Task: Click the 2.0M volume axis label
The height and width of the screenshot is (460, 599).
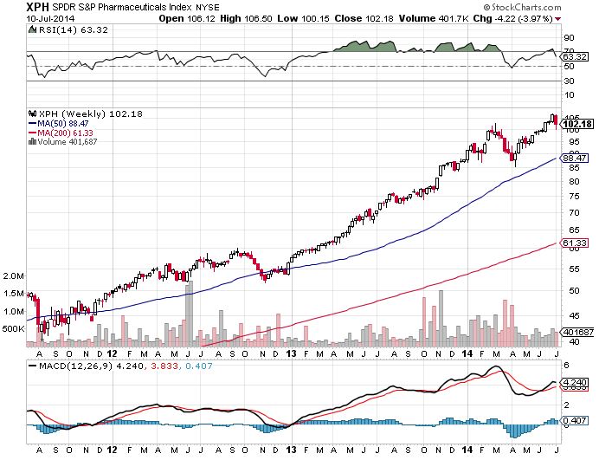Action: click(13, 275)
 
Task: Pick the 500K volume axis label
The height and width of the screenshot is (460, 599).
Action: click(13, 329)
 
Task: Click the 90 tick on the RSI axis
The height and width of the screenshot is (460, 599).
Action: click(570, 38)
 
